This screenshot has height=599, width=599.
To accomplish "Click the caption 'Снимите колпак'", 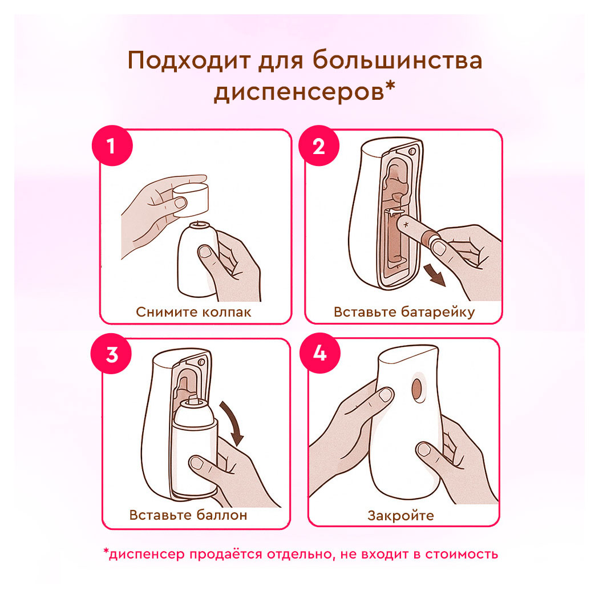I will click(193, 312).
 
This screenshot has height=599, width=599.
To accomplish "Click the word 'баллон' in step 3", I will click(221, 516).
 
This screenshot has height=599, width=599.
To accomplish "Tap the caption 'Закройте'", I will click(400, 516).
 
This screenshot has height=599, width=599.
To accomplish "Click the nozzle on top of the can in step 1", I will click(199, 223).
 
